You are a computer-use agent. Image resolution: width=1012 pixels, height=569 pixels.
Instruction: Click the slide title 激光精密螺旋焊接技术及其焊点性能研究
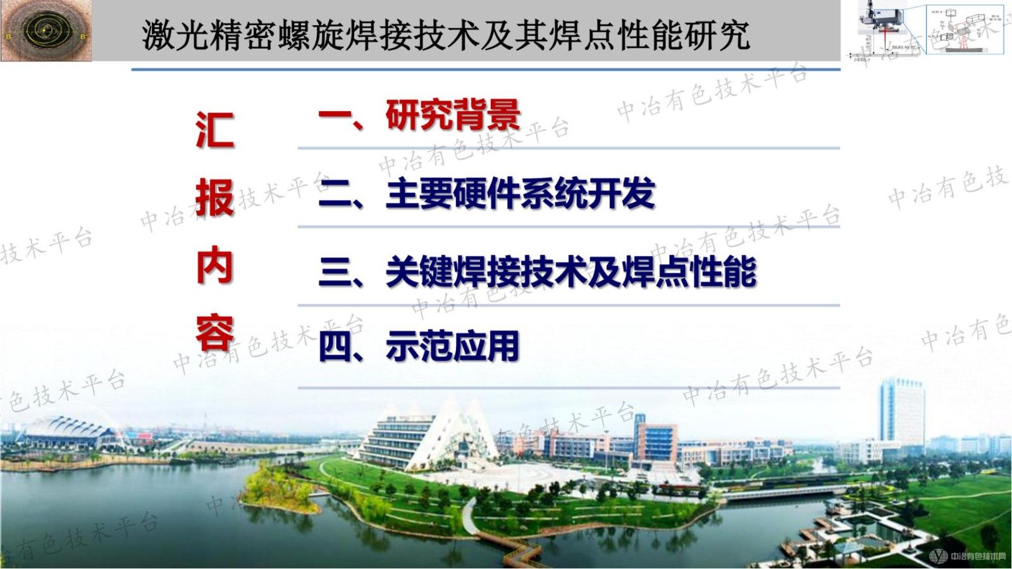coord(446,35)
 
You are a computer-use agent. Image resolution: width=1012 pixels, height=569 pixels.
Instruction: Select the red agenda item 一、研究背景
coord(419,115)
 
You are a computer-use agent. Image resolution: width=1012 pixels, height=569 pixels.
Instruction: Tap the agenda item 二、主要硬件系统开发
coord(486,193)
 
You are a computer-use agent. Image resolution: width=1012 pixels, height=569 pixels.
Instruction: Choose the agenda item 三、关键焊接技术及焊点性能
coord(538,272)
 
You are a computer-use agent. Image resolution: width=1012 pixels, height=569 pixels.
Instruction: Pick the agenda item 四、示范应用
coord(419,346)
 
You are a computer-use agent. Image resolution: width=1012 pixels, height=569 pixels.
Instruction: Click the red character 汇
coord(215,131)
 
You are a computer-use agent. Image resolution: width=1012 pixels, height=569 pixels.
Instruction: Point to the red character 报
coord(215,199)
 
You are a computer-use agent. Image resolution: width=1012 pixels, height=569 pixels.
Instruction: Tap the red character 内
coord(215,267)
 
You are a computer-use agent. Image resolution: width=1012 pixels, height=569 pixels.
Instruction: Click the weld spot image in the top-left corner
coord(46,30)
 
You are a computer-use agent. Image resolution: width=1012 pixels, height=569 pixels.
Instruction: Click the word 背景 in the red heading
coord(487,115)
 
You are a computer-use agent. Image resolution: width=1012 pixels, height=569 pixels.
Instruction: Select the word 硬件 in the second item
coord(487,193)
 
